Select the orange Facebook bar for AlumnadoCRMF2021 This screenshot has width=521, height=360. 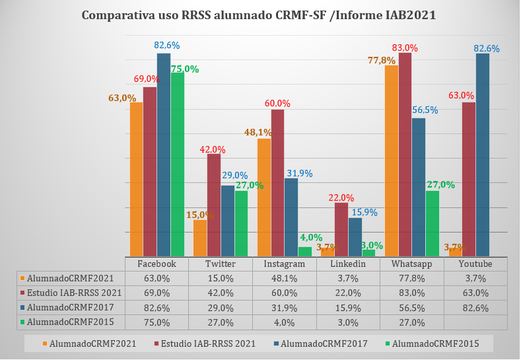click(136, 179)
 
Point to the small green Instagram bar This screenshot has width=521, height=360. click(304, 251)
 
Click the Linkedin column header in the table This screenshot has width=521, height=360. click(347, 264)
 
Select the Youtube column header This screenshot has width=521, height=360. click(475, 264)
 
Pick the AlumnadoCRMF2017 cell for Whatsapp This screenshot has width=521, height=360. click(411, 307)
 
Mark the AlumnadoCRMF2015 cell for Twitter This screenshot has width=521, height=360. click(220, 322)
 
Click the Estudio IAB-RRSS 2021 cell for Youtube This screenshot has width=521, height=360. click(475, 293)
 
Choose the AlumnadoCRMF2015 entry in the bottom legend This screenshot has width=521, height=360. click(434, 343)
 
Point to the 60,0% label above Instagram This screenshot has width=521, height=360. click(277, 103)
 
